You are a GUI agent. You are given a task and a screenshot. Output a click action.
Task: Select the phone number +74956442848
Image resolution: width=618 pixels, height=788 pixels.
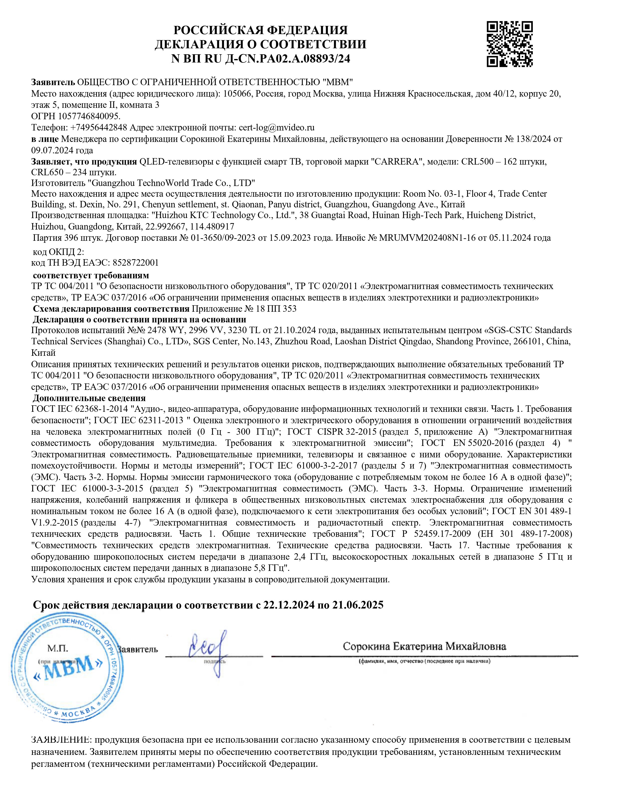pos(97,128)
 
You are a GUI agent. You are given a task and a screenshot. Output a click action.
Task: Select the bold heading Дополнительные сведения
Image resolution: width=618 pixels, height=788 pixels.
pos(89,398)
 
